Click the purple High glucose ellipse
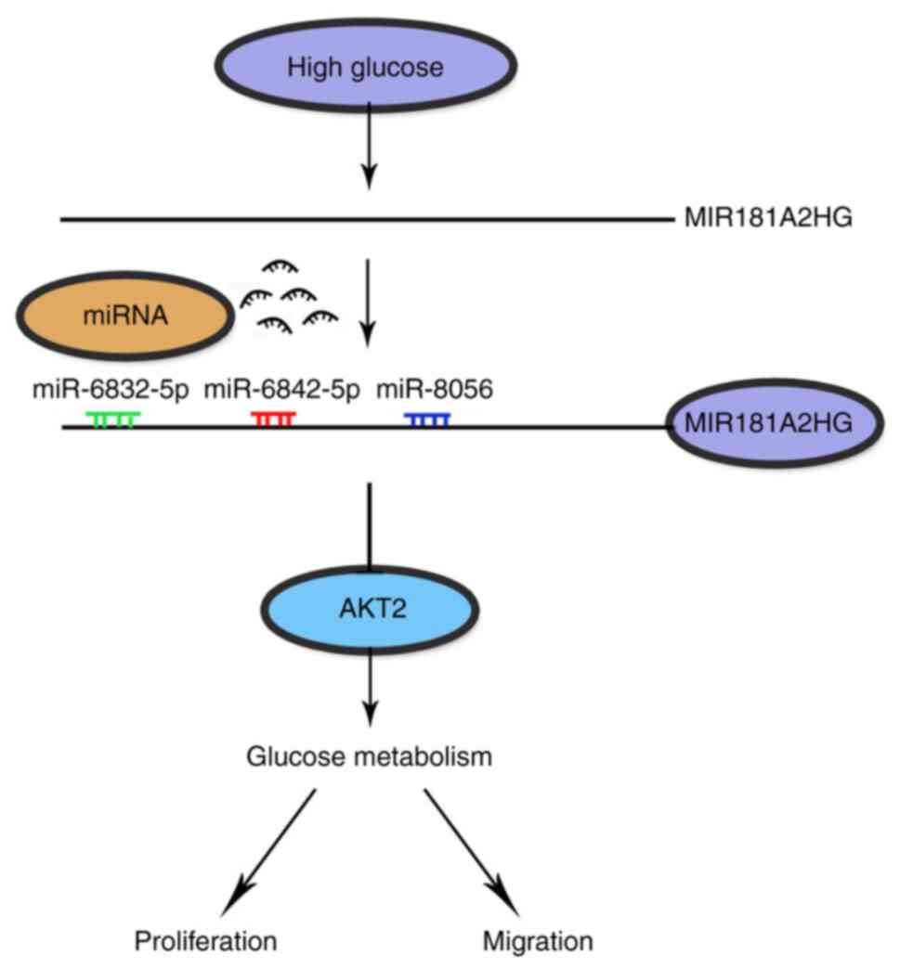click(x=366, y=66)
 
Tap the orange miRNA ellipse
click(x=124, y=316)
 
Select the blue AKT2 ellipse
click(x=370, y=609)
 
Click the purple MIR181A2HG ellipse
click(x=776, y=423)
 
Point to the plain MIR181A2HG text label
click(x=768, y=217)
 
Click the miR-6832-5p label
click(x=111, y=390)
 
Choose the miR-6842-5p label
click(x=281, y=390)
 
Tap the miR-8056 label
click(x=435, y=390)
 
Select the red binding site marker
click(x=274, y=419)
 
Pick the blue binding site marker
click(x=427, y=419)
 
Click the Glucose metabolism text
click(x=369, y=756)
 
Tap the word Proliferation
click(x=205, y=941)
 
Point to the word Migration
click(x=538, y=941)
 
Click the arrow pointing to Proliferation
click(x=268, y=852)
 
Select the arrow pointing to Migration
click(x=471, y=852)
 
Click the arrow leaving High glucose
click(x=369, y=147)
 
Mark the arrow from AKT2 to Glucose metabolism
click(x=370, y=690)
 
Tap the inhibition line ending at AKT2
click(x=370, y=524)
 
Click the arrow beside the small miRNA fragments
click(x=368, y=303)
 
